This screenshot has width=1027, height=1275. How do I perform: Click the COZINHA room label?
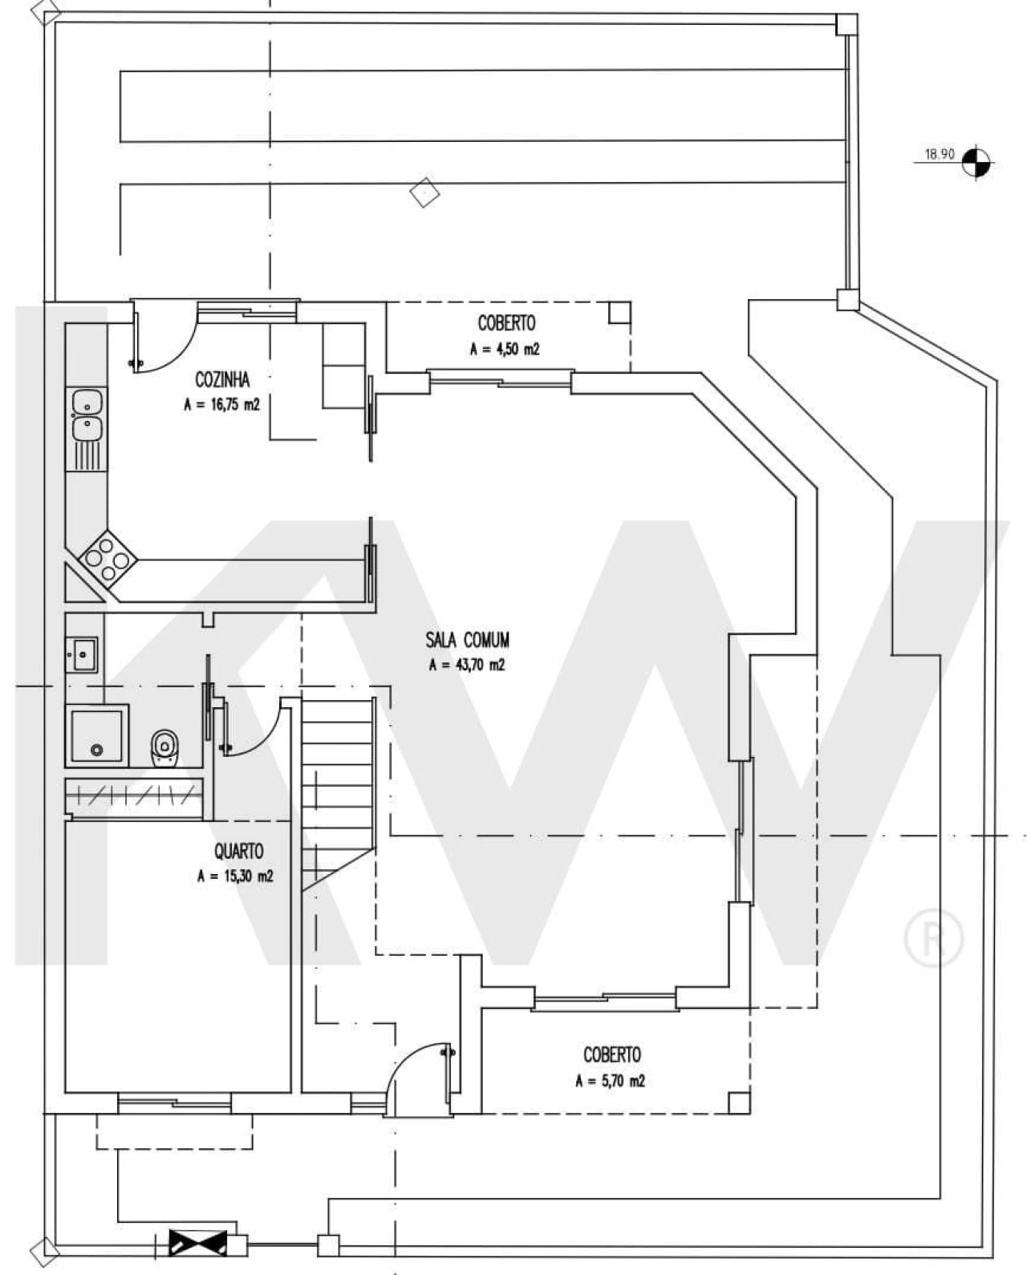pos(222,378)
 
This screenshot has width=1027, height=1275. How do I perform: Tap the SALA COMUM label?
pos(467,640)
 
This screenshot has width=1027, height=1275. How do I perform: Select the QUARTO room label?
pos(239,852)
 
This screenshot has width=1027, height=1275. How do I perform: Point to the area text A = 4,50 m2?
pos(505,349)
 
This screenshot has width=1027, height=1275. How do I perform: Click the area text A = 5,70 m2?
pos(610,1081)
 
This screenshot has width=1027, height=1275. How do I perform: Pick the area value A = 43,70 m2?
pos(467,665)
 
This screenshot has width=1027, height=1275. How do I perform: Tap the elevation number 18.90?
pos(940,154)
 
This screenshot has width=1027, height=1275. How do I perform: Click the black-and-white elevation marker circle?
pos(976,161)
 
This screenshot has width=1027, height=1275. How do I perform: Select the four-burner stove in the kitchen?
pos(107,558)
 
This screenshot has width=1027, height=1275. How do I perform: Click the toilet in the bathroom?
pos(164,747)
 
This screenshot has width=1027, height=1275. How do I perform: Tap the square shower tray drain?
pos(96,750)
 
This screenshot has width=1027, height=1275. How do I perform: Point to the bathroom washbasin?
pos(81,654)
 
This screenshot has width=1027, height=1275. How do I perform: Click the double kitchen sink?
pos(87,415)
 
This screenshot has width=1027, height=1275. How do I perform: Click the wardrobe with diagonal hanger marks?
pos(134,797)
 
